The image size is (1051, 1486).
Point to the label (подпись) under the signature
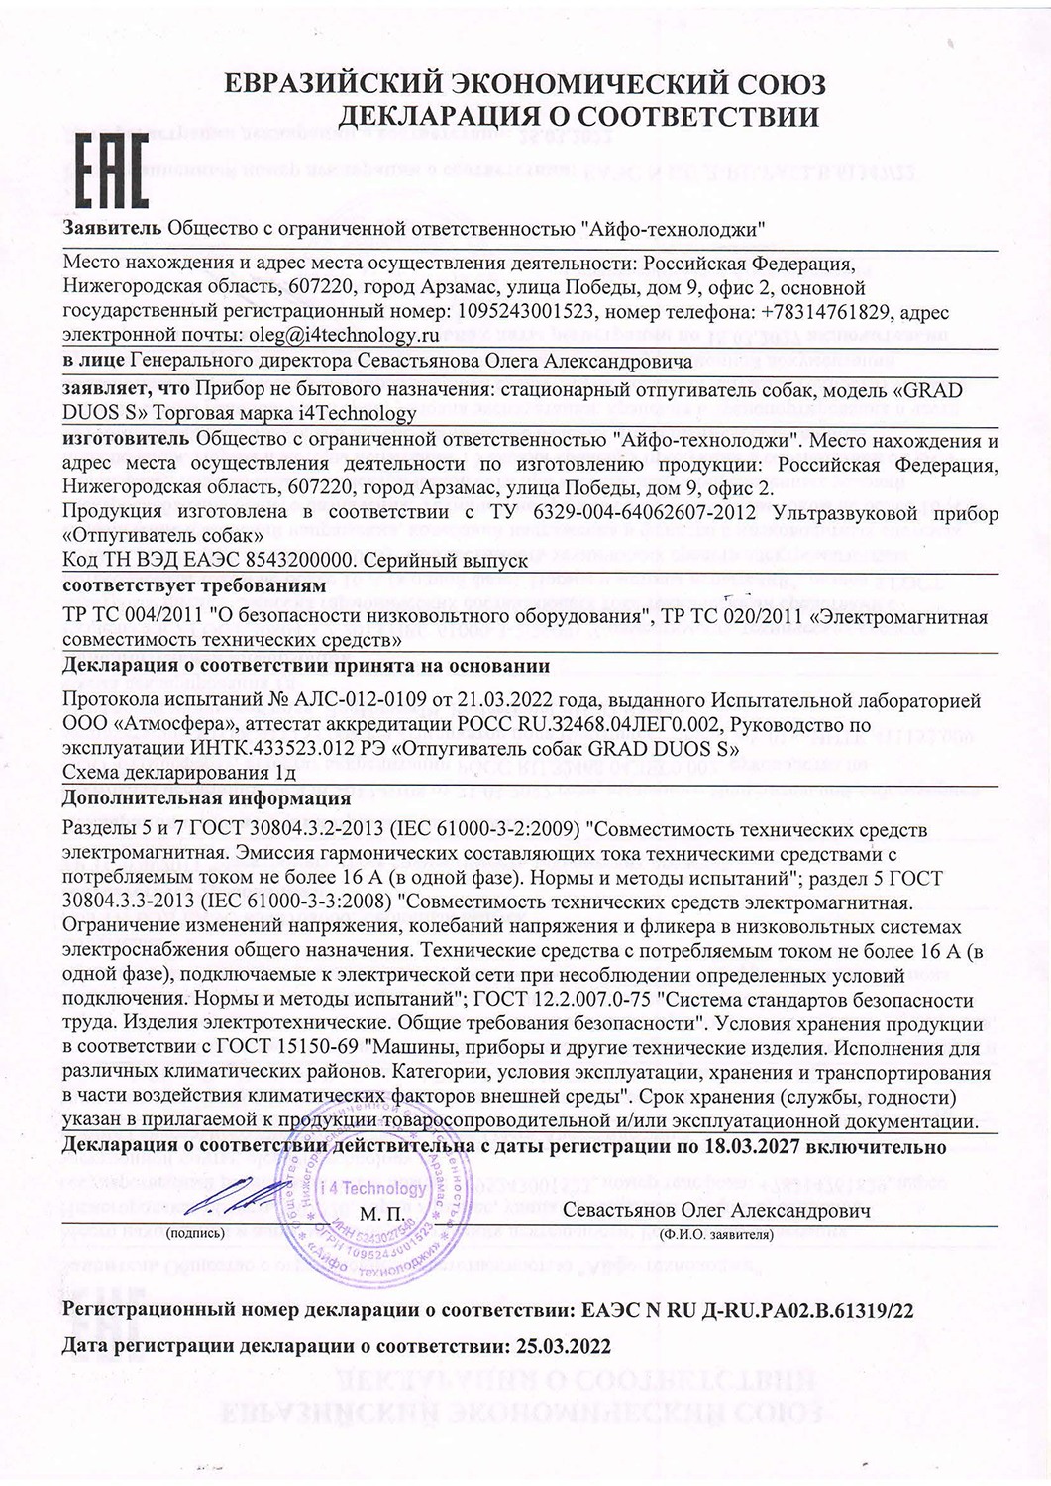(197, 1233)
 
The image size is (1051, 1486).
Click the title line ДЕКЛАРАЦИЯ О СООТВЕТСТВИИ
(579, 117)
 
